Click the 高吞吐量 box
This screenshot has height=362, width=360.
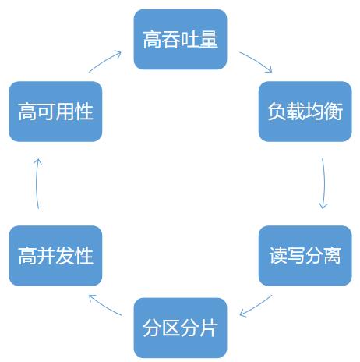[180, 40]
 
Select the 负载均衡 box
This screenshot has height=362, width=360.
[305, 112]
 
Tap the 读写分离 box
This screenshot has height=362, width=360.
[305, 256]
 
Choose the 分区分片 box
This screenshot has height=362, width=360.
[180, 328]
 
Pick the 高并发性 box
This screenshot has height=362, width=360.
[55, 256]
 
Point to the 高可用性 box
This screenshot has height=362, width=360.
[55, 112]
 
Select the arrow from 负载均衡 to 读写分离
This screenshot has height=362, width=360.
[324, 183]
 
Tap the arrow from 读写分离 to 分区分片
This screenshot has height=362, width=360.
[256, 307]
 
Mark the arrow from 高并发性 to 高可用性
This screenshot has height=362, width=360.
[37, 183]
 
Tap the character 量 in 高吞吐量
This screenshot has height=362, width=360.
[209, 40]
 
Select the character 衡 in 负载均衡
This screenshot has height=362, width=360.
[334, 112]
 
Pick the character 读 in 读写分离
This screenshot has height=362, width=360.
[277, 256]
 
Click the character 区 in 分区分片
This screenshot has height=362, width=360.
[171, 328]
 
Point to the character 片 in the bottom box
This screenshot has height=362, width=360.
[209, 328]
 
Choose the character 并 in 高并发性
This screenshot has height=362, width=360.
[46, 256]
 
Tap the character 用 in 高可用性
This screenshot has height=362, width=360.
[65, 112]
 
